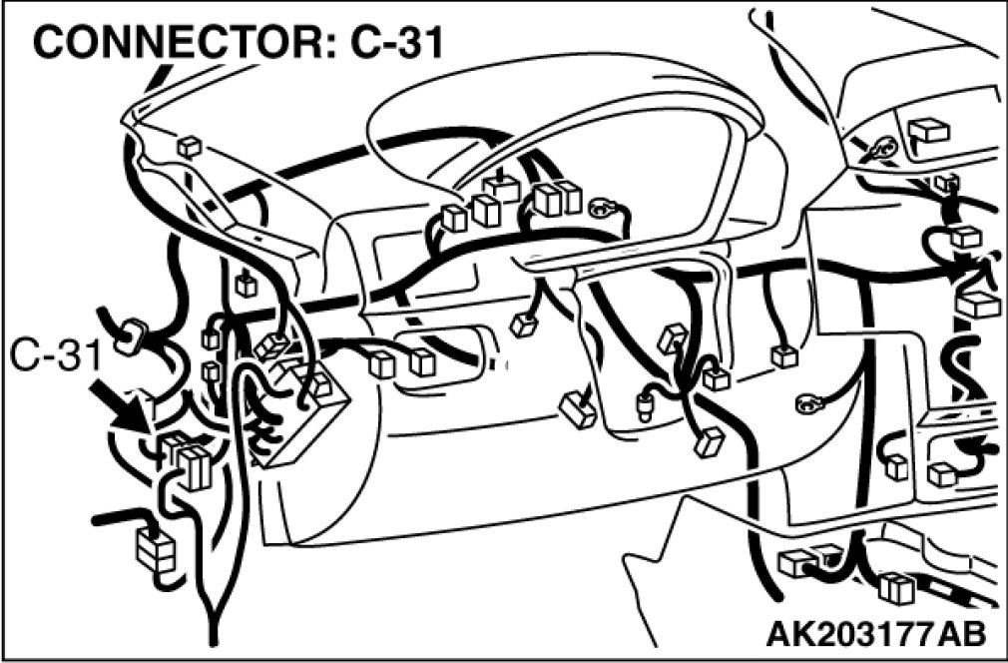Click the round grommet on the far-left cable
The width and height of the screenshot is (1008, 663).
tap(129, 338)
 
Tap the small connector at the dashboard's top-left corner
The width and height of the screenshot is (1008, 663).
tap(188, 147)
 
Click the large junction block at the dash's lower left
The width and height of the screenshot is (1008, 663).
tap(299, 419)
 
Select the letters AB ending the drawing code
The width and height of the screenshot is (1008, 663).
tap(963, 632)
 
